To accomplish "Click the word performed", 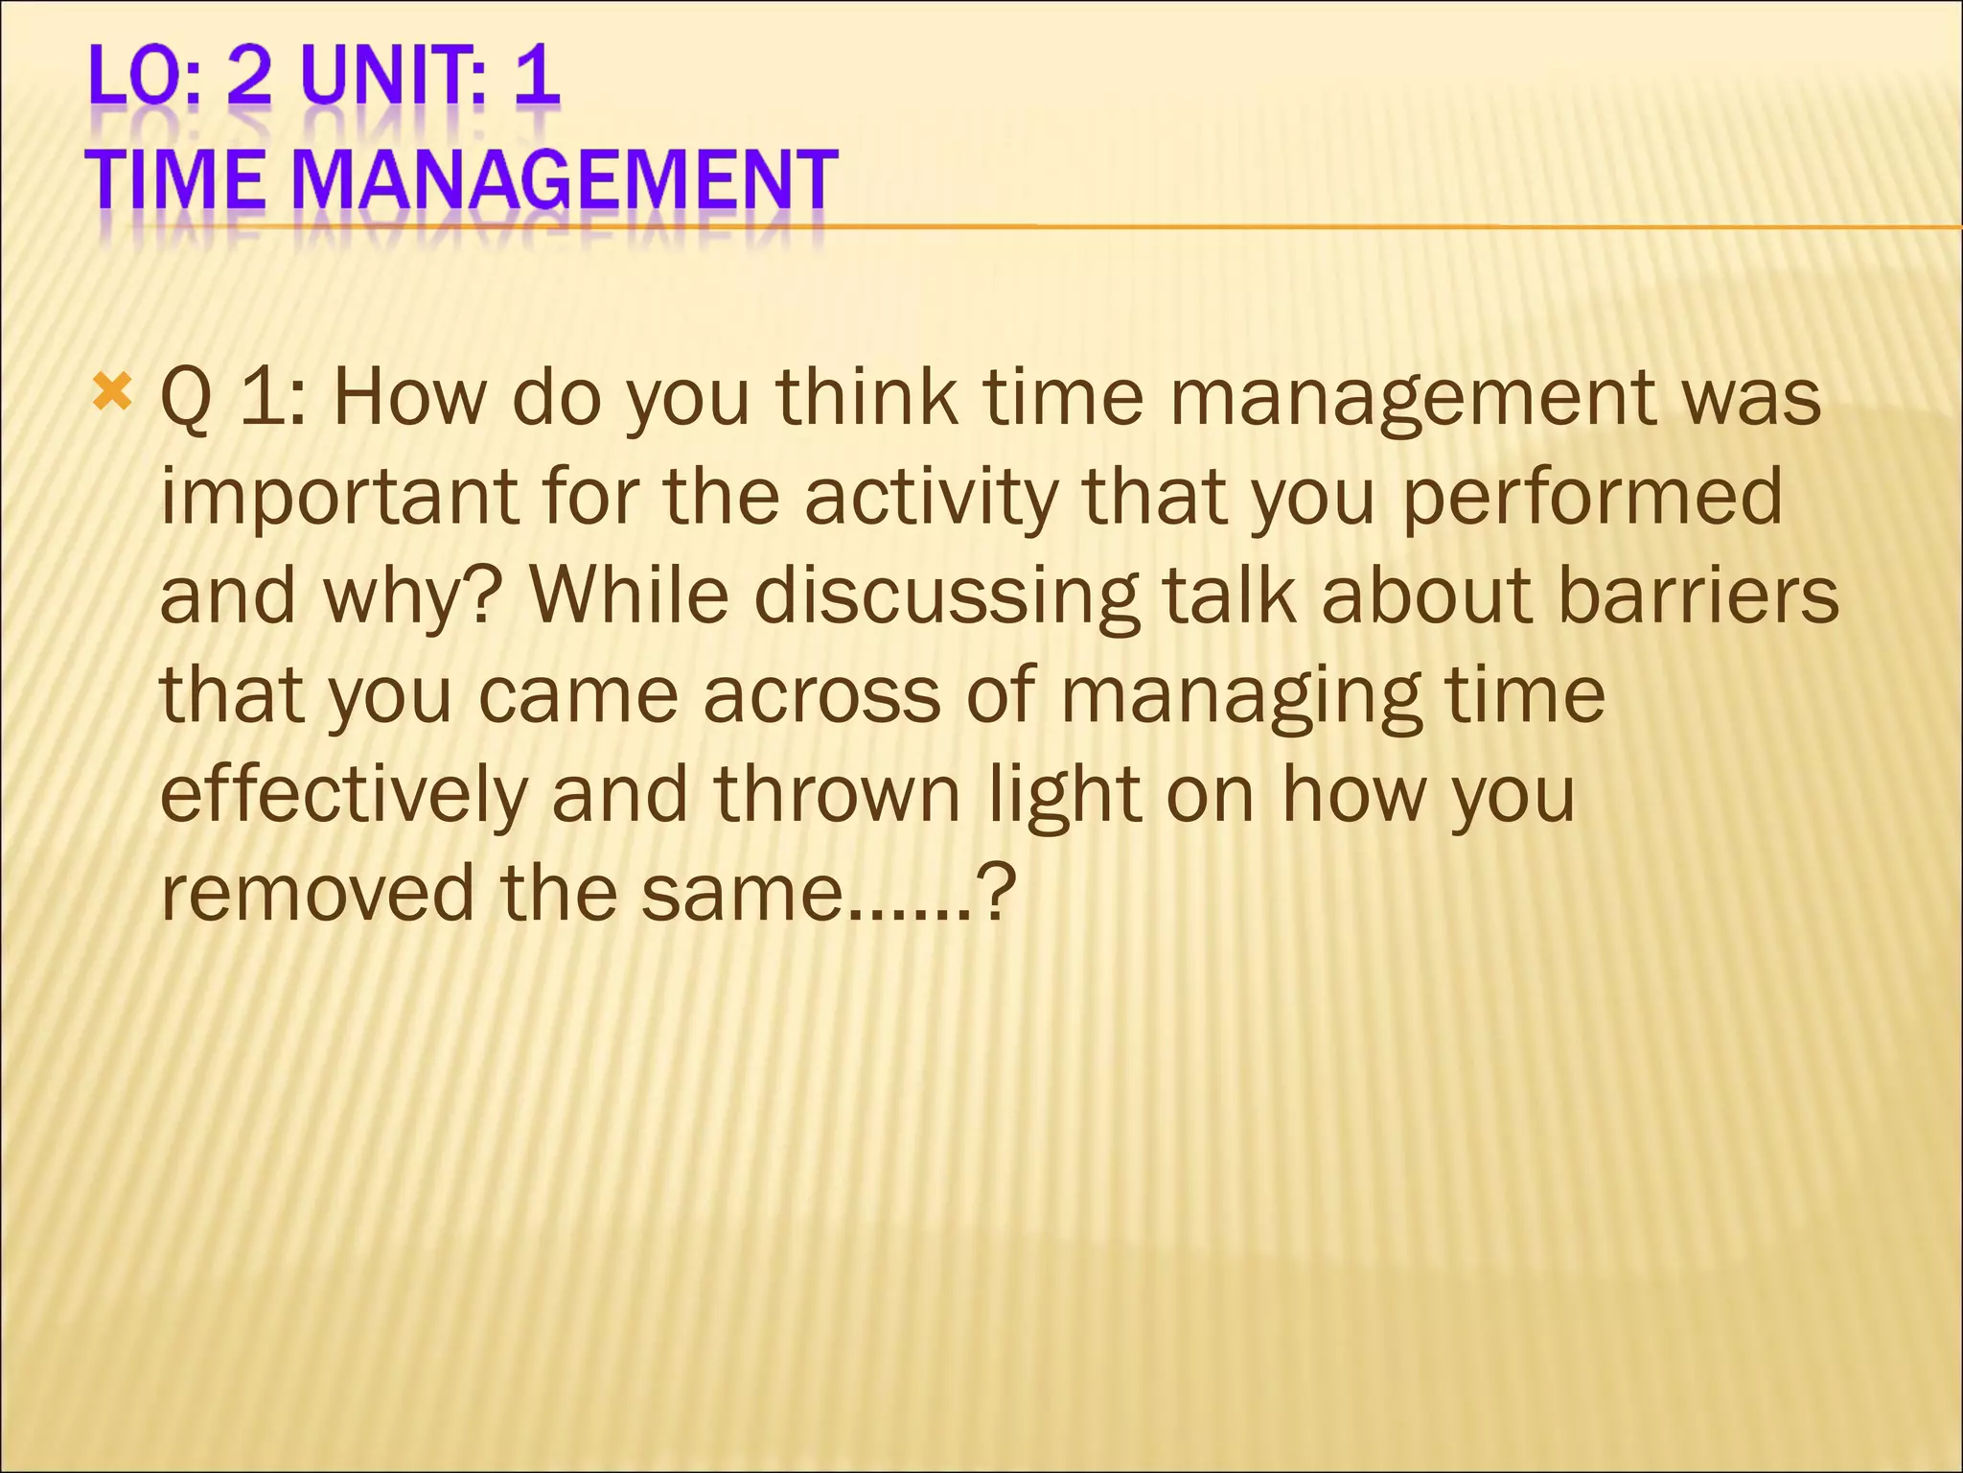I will tap(1592, 499).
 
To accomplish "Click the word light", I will tap(1065, 796).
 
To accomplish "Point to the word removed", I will tap(317, 894).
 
